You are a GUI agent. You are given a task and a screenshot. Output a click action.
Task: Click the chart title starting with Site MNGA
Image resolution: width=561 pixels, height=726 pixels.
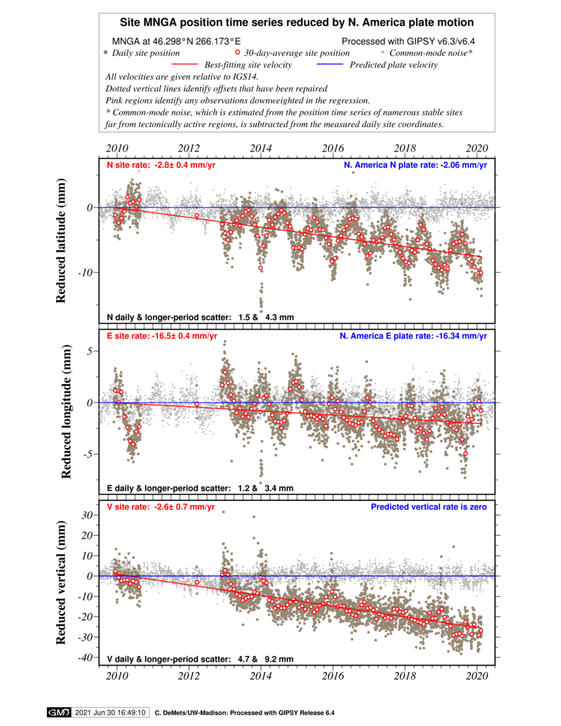[297, 22]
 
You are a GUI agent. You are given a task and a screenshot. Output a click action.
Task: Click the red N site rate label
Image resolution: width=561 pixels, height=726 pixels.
[161, 166]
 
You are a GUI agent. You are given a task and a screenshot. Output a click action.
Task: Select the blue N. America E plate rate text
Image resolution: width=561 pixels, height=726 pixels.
[413, 336]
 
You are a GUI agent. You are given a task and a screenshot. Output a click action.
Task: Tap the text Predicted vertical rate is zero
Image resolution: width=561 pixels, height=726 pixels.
[428, 507]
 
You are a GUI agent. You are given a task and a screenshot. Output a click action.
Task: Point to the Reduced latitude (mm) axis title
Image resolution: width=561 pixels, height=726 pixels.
[60, 241]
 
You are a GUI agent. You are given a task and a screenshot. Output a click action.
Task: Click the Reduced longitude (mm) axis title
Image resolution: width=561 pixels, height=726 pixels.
[66, 412]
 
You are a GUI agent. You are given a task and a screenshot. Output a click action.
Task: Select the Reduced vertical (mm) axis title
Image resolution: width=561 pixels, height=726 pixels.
[60, 582]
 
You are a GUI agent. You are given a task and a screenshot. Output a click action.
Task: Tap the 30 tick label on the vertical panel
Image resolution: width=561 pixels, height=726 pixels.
[87, 515]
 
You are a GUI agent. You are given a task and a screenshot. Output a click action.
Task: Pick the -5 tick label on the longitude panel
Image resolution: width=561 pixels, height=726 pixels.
[88, 455]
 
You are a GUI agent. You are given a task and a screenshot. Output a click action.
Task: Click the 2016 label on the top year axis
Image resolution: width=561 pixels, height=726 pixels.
[333, 148]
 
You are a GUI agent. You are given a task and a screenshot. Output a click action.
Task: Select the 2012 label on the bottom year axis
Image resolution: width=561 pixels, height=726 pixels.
[189, 676]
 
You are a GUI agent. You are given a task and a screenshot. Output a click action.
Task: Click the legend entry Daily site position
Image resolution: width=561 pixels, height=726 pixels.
[142, 53]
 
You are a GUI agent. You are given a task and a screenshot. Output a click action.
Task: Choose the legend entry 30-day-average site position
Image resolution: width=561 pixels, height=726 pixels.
[292, 53]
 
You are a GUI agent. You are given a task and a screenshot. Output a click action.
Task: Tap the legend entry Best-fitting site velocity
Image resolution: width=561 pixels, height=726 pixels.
[232, 65]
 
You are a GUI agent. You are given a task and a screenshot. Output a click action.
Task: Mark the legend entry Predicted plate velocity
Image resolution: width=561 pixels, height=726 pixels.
[377, 65]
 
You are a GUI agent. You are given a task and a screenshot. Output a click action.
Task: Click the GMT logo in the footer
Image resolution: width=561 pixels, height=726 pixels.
[58, 712]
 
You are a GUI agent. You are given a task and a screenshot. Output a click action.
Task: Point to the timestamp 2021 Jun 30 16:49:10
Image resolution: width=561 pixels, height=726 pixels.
[110, 713]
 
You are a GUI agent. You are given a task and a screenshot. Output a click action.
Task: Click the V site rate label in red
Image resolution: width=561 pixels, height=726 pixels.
[161, 507]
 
